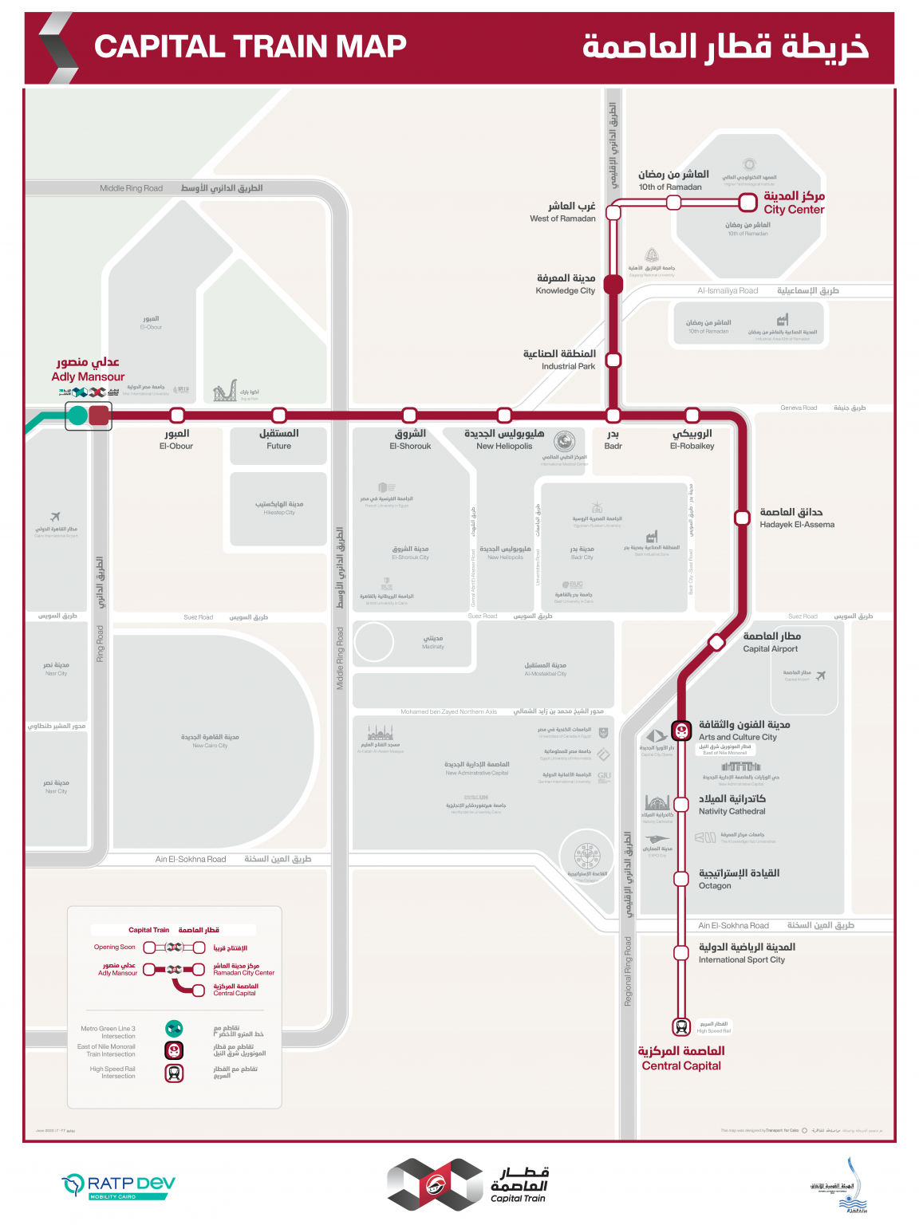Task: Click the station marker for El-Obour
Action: coord(177,415)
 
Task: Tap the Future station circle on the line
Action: coord(278,415)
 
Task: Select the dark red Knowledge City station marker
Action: coord(613,284)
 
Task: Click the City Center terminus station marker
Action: coord(747,203)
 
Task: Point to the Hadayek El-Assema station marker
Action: coord(742,518)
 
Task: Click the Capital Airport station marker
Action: coord(716,642)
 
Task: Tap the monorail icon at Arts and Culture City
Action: coord(681,730)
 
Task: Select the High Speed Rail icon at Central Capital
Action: coord(681,1026)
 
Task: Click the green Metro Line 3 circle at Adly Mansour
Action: coord(77,415)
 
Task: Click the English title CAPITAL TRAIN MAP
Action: coord(250,46)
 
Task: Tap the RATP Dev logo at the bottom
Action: coord(118,1186)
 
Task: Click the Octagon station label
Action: coord(715,885)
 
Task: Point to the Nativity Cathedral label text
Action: coord(732,811)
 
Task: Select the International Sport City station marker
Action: coord(681,952)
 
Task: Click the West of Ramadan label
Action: coord(562,219)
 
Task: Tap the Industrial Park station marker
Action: coord(613,360)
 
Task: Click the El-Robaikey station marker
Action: coord(692,415)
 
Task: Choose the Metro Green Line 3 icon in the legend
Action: coord(174,1029)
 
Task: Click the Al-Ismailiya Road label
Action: coord(728,290)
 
